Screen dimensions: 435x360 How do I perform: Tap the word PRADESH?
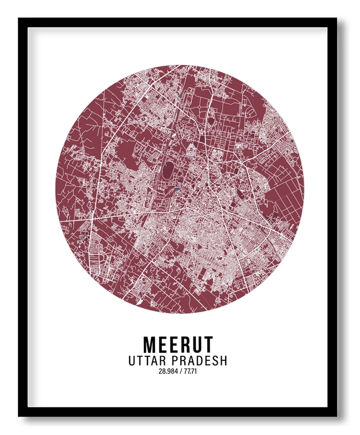click(x=201, y=361)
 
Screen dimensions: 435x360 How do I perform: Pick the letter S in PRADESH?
click(x=215, y=361)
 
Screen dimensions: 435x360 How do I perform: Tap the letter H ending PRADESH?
click(x=223, y=361)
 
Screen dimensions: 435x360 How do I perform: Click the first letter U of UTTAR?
click(x=133, y=361)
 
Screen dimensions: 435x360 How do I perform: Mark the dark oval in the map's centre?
click(x=168, y=170)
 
